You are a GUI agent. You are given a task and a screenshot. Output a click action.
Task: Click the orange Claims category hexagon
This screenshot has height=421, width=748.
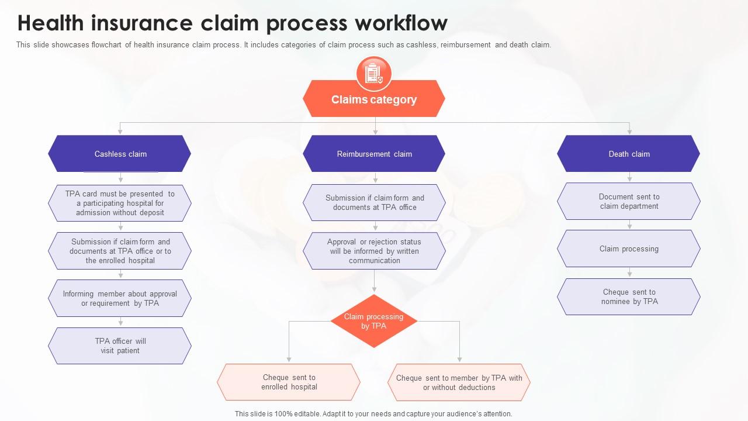click(374, 99)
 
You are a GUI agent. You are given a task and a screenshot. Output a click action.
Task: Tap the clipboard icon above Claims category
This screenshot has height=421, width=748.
click(374, 74)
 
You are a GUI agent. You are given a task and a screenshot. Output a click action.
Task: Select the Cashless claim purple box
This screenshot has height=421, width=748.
click(120, 154)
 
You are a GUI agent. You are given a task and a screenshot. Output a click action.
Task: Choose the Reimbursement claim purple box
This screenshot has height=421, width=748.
click(374, 154)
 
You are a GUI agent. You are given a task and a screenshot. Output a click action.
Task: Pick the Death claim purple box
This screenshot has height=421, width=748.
click(629, 154)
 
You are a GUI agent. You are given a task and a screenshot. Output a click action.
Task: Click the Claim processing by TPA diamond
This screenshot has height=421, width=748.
click(374, 321)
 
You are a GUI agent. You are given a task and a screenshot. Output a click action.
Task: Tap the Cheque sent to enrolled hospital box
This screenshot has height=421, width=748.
click(289, 382)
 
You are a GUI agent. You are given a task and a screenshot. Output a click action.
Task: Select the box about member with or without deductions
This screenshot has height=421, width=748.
click(459, 382)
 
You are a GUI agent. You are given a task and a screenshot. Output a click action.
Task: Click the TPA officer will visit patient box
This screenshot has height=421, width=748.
click(120, 346)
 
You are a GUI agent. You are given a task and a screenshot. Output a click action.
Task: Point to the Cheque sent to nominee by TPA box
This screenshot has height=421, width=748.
click(629, 296)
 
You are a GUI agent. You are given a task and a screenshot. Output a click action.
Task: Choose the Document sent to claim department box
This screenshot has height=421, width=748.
click(629, 201)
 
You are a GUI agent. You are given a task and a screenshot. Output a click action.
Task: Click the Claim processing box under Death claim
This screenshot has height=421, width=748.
click(629, 249)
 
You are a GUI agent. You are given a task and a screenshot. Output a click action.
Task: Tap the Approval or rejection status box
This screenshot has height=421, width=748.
click(374, 251)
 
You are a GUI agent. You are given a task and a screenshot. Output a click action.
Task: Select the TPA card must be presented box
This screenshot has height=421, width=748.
click(120, 203)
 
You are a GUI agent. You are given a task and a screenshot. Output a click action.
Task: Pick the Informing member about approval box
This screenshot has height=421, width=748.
click(120, 298)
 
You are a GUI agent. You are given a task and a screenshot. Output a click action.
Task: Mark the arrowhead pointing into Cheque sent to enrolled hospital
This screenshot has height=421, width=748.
click(289, 359)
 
